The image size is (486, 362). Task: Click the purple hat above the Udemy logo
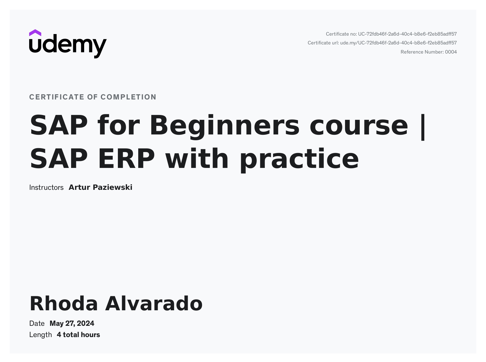(x=35, y=33)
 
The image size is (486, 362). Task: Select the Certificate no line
(x=391, y=34)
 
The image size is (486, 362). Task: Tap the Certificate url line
(x=382, y=43)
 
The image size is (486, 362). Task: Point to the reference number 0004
(x=451, y=52)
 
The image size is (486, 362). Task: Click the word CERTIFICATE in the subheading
(x=56, y=97)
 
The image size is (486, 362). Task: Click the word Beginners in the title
(x=225, y=125)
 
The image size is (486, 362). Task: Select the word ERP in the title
(x=126, y=159)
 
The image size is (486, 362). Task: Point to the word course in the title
(x=358, y=125)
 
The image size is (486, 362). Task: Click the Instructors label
(x=46, y=187)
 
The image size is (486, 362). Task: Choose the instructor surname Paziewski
(x=112, y=187)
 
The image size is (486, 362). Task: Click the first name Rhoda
(x=63, y=304)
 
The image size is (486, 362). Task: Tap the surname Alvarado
(x=154, y=304)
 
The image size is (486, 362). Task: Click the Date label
(x=37, y=323)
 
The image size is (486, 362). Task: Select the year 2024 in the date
(x=85, y=323)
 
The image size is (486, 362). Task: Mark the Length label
(x=40, y=335)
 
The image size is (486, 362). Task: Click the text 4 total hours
(x=78, y=335)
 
